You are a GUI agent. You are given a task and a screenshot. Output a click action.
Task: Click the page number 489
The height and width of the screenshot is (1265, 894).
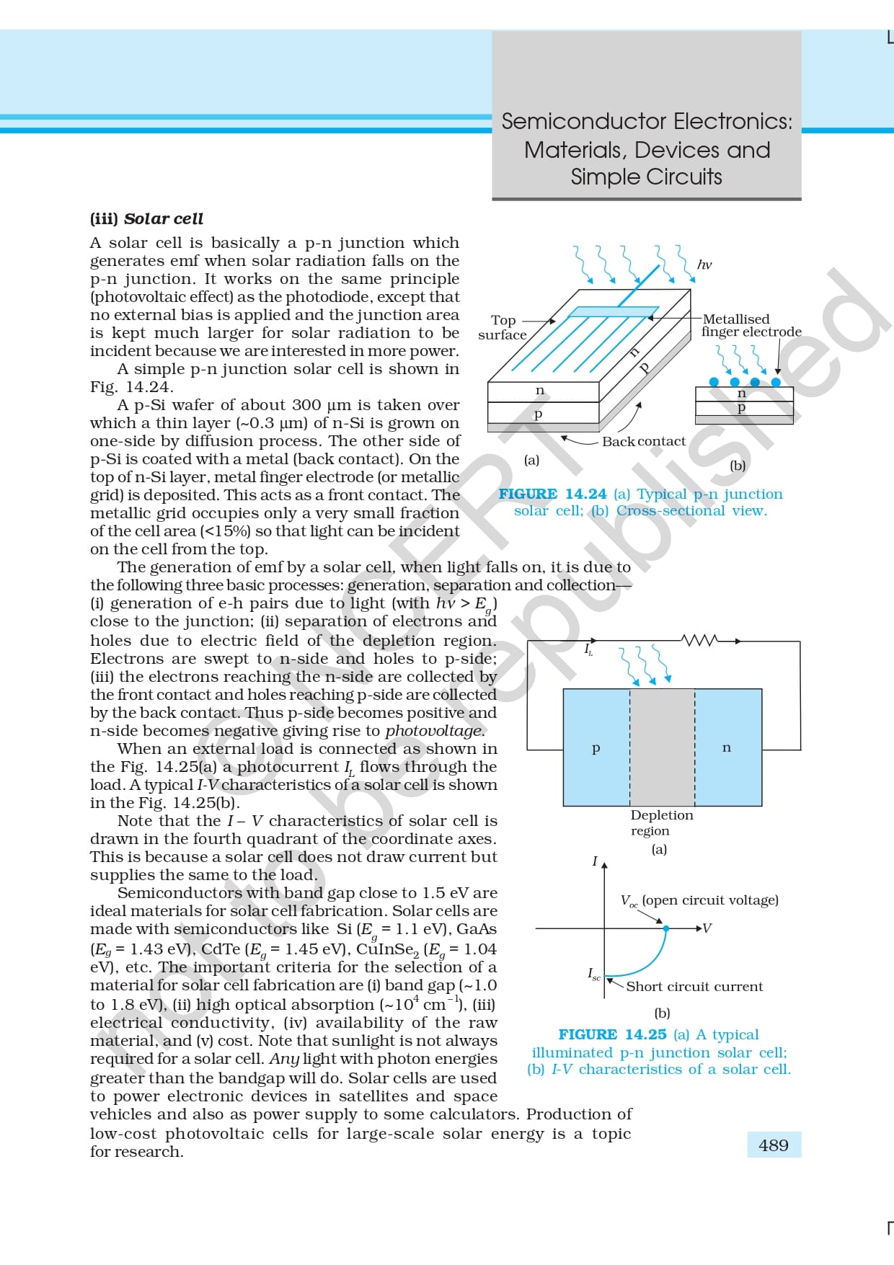click(x=773, y=1145)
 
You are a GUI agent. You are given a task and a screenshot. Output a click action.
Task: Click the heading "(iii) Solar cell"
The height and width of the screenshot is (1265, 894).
click(x=146, y=218)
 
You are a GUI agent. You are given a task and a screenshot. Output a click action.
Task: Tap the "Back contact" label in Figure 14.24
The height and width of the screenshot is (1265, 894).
click(x=643, y=441)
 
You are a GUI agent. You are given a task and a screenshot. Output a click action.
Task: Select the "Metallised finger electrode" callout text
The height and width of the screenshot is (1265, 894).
click(x=751, y=325)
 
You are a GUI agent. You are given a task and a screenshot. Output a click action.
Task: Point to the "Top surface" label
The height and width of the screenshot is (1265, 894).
click(x=503, y=327)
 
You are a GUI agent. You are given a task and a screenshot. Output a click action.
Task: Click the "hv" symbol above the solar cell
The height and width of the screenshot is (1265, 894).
click(x=704, y=265)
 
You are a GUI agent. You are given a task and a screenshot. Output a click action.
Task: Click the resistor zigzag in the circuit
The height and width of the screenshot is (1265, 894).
click(x=699, y=640)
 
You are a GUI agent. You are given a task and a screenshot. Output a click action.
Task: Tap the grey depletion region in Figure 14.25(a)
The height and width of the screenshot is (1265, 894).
click(x=662, y=747)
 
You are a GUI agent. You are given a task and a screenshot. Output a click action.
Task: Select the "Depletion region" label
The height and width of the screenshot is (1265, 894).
click(x=661, y=822)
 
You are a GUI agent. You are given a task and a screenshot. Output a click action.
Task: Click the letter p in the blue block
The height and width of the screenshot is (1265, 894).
click(x=596, y=748)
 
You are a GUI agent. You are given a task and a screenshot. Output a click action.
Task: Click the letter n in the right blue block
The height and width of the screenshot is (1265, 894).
click(x=726, y=747)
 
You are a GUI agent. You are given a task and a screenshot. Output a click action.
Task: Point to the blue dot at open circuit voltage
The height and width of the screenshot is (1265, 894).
click(x=665, y=928)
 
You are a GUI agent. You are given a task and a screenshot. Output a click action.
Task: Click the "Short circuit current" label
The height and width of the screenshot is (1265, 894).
click(x=694, y=986)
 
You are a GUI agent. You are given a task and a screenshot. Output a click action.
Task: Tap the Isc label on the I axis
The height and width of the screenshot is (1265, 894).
click(x=593, y=975)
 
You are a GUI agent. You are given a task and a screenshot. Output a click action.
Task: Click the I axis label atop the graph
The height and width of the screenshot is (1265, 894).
click(x=595, y=861)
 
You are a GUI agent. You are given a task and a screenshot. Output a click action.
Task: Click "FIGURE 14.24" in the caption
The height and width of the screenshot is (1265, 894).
click(x=552, y=494)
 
